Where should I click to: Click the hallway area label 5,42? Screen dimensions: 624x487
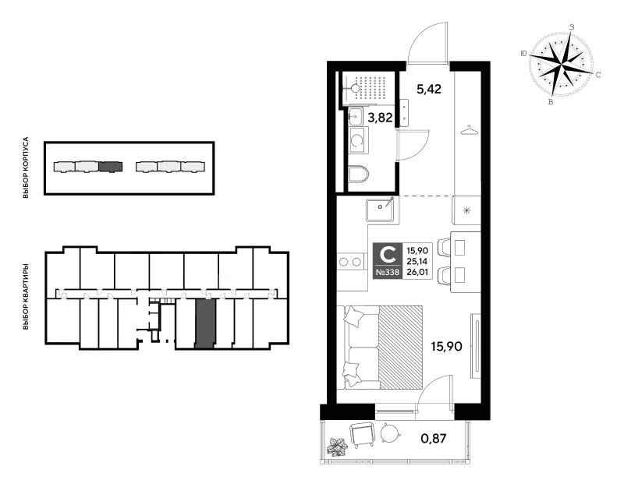429,89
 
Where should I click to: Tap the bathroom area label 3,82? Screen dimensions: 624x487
381,118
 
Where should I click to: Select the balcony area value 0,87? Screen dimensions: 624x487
434,439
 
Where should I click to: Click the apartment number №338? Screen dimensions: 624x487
387,273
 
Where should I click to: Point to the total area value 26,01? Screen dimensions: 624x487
417,273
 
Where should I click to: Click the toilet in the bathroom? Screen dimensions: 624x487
358,174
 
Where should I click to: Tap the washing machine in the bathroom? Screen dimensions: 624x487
358,140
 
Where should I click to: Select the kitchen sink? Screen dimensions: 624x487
381,210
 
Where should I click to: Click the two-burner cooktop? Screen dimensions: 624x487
351,262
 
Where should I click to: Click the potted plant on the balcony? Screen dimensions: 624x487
337,446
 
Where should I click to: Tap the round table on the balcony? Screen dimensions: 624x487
390,433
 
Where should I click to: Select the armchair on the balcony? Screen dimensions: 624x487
362,435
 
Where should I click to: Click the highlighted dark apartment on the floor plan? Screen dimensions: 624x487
205,323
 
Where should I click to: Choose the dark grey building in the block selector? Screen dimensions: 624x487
110,167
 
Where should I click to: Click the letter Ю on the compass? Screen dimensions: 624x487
523,54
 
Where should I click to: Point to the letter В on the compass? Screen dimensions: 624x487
551,102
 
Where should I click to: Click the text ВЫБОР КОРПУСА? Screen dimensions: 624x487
26,168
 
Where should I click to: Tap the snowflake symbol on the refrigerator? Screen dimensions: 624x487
466,210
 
